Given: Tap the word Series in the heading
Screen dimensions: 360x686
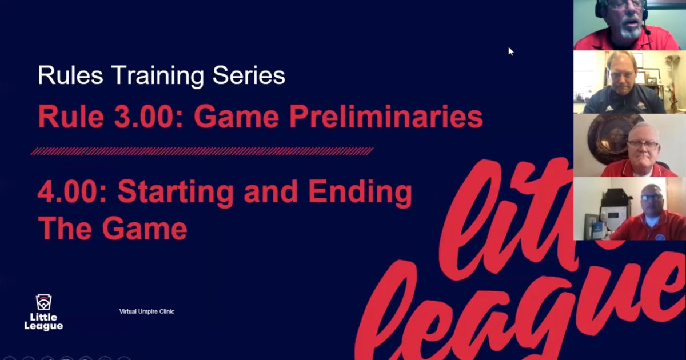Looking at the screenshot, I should click(249, 75).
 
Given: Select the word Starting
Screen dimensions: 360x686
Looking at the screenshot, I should click(176, 193).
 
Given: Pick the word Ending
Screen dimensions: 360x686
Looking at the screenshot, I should click(360, 193).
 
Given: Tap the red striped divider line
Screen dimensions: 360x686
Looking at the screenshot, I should click(202, 151).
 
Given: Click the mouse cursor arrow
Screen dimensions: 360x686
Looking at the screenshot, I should click(510, 51).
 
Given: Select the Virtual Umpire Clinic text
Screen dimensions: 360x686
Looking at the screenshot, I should click(146, 311).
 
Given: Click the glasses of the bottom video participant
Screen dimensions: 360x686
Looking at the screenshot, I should click(651, 198).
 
